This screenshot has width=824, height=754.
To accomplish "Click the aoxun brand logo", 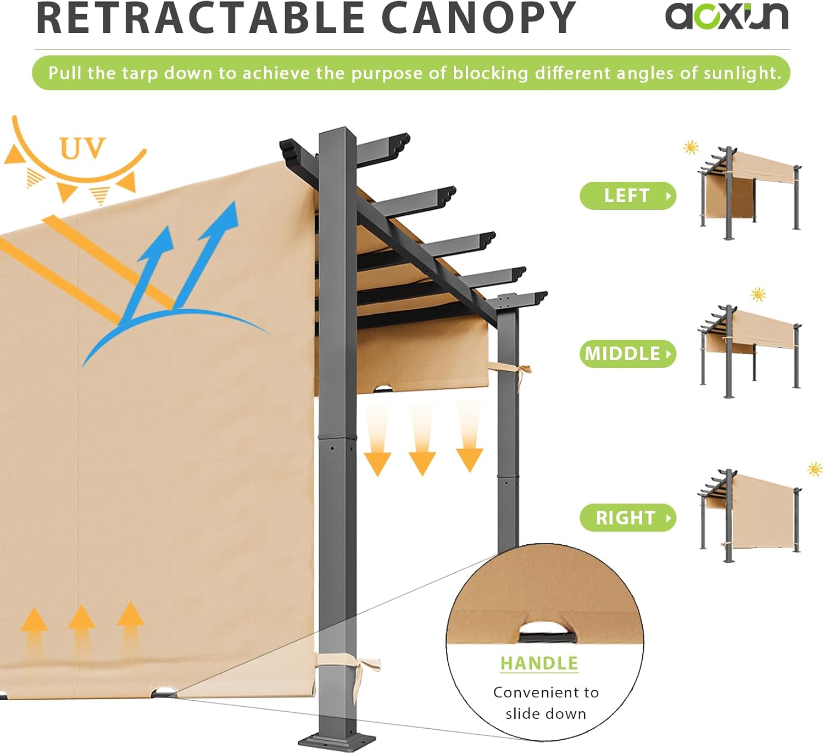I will (726, 16).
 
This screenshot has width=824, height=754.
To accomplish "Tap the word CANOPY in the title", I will (478, 18).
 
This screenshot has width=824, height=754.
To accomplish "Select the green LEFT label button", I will (627, 196).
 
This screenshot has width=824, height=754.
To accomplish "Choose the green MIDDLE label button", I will (627, 354).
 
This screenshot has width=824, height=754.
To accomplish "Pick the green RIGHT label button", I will (627, 517).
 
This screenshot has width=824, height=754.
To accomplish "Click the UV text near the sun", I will (82, 148).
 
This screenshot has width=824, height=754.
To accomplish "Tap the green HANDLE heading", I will (539, 663).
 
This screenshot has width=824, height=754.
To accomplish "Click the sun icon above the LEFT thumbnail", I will (691, 147).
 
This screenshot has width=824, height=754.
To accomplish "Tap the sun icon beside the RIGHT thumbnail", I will (815, 469).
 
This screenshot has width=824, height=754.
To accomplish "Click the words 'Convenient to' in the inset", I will (545, 692).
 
